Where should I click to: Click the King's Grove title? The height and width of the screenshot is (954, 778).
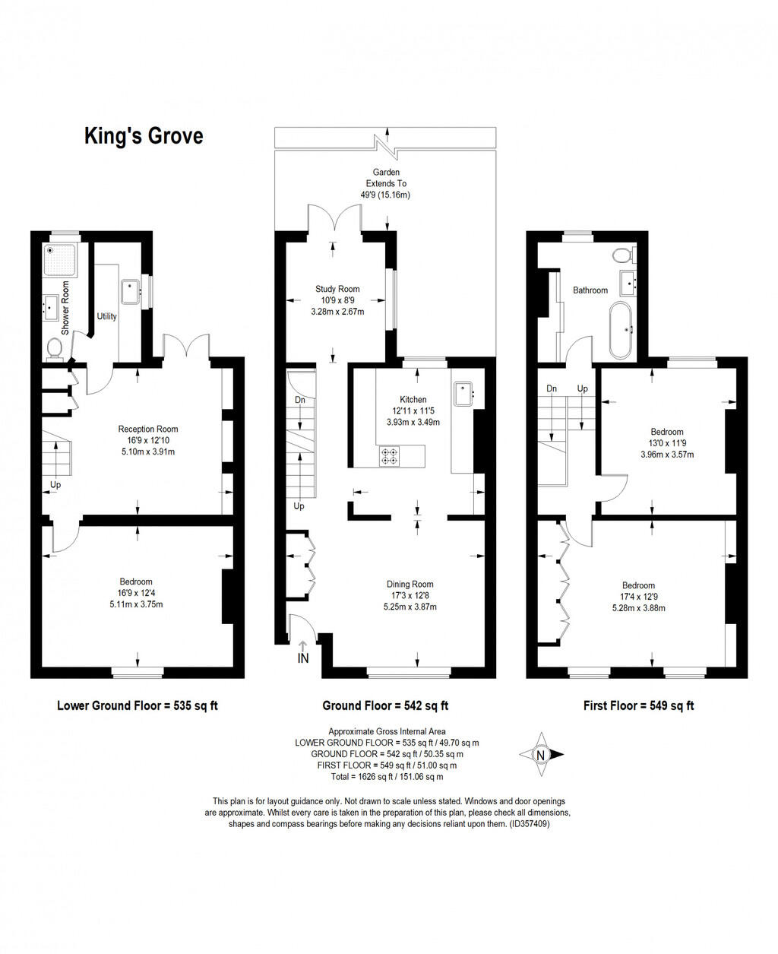coord(143,137)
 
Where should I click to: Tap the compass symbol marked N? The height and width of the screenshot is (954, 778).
coord(540,755)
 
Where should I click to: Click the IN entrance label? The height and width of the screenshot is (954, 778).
coord(303,658)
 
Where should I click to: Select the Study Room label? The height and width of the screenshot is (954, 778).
coord(337,289)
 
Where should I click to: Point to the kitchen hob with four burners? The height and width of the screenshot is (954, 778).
coord(389,456)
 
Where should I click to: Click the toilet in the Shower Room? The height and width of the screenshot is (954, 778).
coord(54,349)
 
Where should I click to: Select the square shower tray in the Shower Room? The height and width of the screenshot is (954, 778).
coord(59,259)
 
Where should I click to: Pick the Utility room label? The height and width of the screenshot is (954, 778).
coord(106,316)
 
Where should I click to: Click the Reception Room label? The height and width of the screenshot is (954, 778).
coord(147,429)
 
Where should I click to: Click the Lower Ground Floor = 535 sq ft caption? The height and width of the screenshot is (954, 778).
coord(138,705)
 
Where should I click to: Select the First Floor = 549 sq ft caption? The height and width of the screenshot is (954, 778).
coord(638,705)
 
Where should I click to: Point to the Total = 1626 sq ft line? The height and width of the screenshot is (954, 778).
coord(386,777)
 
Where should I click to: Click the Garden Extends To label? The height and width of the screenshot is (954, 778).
coord(386,178)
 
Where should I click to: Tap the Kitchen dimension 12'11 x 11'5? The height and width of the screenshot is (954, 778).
coord(413,411)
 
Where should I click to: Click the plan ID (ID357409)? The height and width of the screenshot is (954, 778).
coord(530,823)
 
